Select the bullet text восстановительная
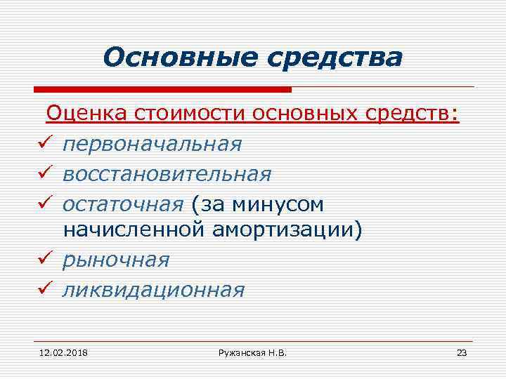[166, 173]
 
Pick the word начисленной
[134, 231]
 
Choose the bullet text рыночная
[116, 260]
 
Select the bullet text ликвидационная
[153, 289]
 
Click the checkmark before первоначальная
[42, 144]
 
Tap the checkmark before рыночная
[42, 260]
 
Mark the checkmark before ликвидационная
[42, 289]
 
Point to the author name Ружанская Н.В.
[252, 352]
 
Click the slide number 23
[461, 352]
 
